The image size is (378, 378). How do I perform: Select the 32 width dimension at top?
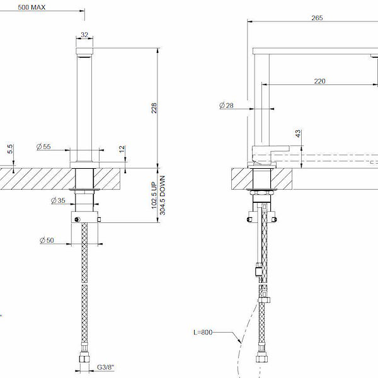(85, 36)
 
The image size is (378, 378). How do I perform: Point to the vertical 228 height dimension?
(154, 108)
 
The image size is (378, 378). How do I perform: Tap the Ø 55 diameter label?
(44, 146)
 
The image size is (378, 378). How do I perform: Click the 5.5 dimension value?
(10, 149)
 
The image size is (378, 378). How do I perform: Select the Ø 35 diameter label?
(57, 201)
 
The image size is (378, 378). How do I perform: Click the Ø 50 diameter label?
(45, 240)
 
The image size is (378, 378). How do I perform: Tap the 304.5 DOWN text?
(163, 196)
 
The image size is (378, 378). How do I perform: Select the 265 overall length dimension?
(317, 18)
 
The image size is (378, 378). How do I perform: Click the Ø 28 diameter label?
(226, 106)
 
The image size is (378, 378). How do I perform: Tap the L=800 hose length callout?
(205, 331)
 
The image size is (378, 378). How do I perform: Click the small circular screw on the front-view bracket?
(77, 218)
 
